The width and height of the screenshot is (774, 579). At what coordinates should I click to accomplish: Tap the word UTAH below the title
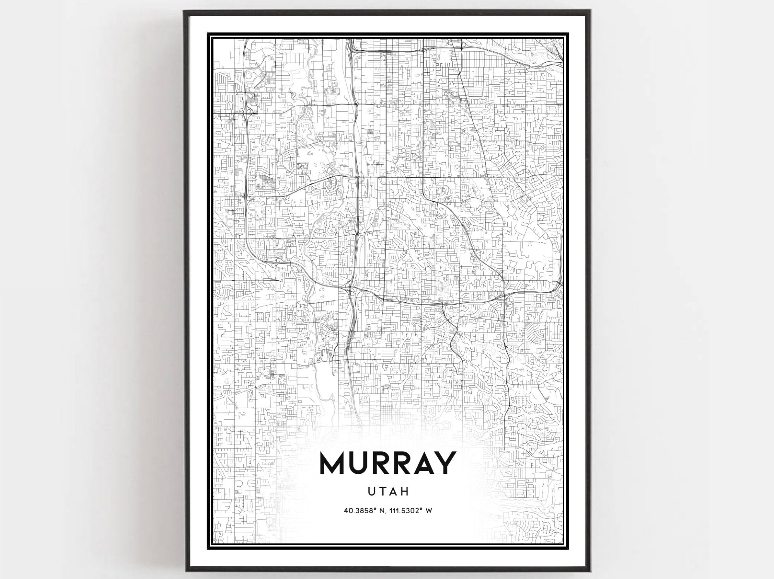click(x=387, y=492)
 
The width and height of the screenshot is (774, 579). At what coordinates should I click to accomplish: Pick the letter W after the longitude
click(x=428, y=511)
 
